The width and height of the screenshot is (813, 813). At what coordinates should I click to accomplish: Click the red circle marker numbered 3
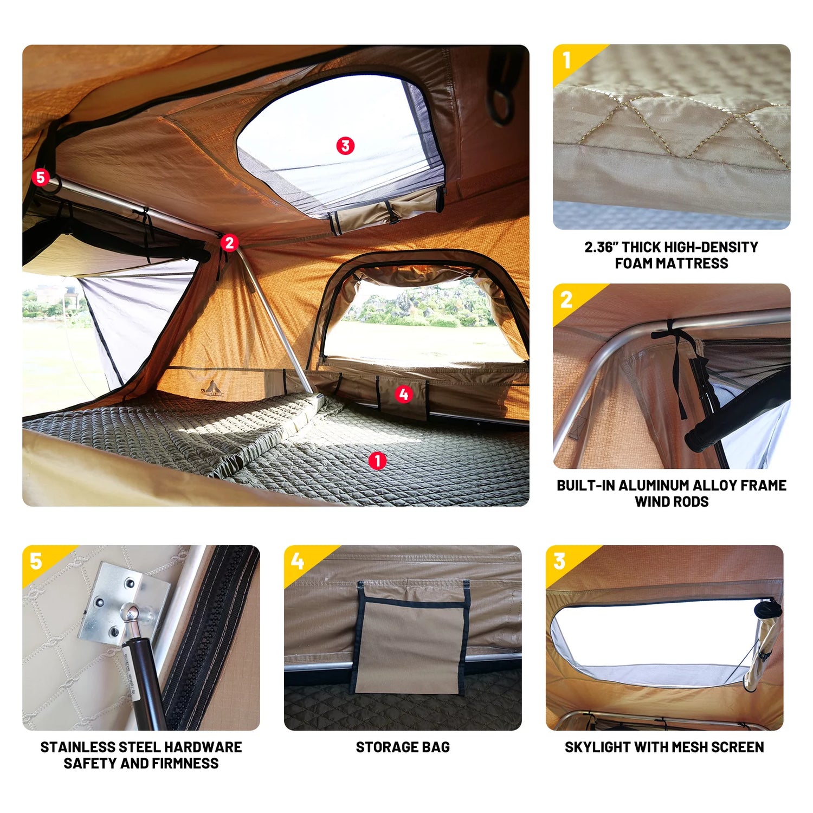[345, 146]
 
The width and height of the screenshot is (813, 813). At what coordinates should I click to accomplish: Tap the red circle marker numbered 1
[377, 461]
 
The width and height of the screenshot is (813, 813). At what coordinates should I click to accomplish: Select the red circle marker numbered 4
[403, 395]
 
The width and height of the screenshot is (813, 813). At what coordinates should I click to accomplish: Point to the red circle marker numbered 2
[229, 243]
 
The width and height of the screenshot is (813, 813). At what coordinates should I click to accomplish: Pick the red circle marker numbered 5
[40, 177]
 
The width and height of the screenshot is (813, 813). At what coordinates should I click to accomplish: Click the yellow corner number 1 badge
[567, 60]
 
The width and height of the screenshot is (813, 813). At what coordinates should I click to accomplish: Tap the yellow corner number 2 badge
[567, 300]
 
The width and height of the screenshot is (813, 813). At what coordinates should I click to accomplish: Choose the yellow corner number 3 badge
[560, 562]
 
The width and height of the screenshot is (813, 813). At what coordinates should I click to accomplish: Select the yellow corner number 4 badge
[298, 562]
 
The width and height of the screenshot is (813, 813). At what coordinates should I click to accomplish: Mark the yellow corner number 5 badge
[36, 562]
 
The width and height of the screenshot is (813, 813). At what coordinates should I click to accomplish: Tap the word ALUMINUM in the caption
[651, 486]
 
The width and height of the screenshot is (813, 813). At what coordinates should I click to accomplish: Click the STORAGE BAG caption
[403, 747]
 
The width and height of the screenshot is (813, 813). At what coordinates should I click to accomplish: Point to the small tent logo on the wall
[213, 387]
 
